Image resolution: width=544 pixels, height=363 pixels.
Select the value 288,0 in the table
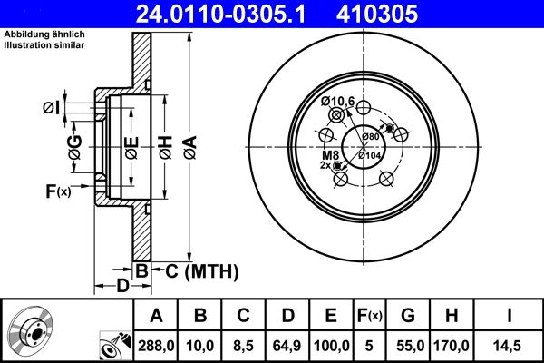157,345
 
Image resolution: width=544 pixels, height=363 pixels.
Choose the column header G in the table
408,316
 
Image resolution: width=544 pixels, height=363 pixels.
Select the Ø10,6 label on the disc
336,100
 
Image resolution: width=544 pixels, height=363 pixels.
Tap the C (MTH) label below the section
198,270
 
